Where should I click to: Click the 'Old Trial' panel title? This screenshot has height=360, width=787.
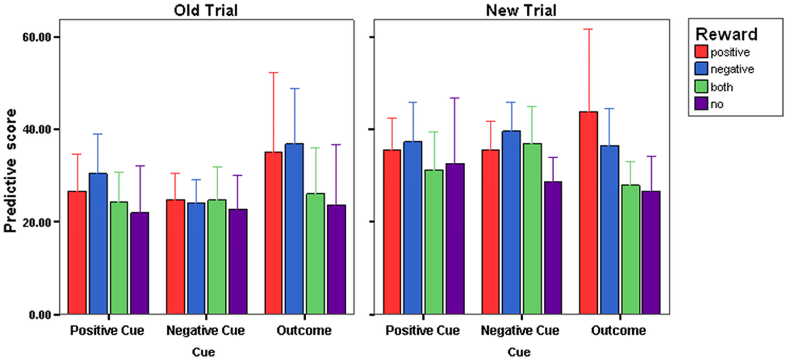pyautogui.click(x=206, y=11)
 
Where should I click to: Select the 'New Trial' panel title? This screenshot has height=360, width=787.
pyautogui.click(x=521, y=11)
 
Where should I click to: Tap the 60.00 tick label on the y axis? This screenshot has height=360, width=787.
pyautogui.click(x=37, y=37)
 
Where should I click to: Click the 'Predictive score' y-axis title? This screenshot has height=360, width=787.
pyautogui.click(x=10, y=171)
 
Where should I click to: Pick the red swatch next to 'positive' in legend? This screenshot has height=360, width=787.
pyautogui.click(x=701, y=52)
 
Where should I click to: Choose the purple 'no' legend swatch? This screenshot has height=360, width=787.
pyautogui.click(x=701, y=104)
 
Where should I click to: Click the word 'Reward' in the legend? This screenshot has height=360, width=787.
pyautogui.click(x=726, y=34)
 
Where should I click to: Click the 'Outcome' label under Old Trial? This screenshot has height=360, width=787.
pyautogui.click(x=304, y=330)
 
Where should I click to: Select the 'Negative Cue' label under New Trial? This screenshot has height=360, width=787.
pyautogui.click(x=520, y=330)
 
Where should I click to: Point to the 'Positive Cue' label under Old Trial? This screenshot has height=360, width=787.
pyautogui.click(x=107, y=330)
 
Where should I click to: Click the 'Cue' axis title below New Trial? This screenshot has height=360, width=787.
pyautogui.click(x=519, y=352)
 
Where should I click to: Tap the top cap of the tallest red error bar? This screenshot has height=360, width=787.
pyautogui.click(x=588, y=29)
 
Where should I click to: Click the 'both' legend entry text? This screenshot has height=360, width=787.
pyautogui.click(x=722, y=87)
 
